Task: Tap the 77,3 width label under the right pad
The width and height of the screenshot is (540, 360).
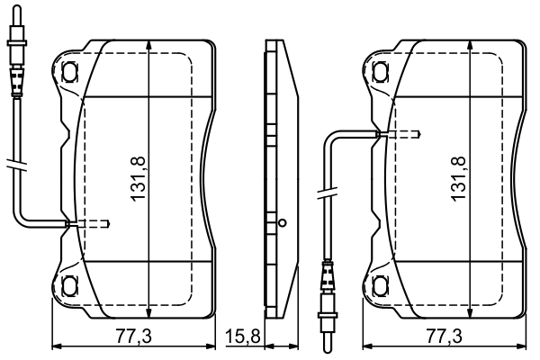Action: (444, 337)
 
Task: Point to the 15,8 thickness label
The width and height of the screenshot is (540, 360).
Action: (242, 337)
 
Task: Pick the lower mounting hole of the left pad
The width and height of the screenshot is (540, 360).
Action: (70, 286)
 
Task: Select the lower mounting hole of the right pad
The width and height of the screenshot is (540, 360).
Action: (376, 286)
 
